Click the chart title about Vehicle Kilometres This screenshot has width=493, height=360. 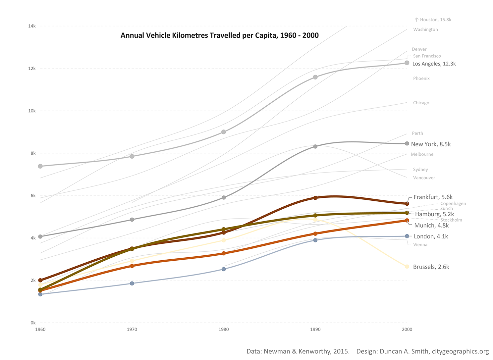click(219, 35)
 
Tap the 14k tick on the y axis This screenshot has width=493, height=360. click(32, 26)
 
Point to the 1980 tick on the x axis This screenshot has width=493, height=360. click(224, 329)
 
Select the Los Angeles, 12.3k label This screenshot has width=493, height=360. click(434, 64)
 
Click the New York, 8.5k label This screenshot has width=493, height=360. click(431, 144)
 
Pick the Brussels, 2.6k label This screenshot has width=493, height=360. click(431, 267)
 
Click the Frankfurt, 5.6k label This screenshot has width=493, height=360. click(433, 197)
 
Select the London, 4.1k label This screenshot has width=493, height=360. click(431, 236)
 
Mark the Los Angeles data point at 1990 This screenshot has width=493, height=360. click(315, 77)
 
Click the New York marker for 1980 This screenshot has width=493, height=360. click(224, 198)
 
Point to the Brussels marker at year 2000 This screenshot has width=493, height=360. click(407, 267)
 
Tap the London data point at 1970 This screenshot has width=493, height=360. click(132, 283)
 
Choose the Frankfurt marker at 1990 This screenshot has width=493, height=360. click(315, 198)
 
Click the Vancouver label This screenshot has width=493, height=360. click(424, 178)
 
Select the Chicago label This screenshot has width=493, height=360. click(421, 103)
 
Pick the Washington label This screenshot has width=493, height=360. click(425, 30)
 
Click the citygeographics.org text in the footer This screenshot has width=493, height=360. click(460, 351)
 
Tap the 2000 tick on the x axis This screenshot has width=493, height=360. click(407, 329)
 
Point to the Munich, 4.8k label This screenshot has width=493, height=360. click(431, 226)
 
